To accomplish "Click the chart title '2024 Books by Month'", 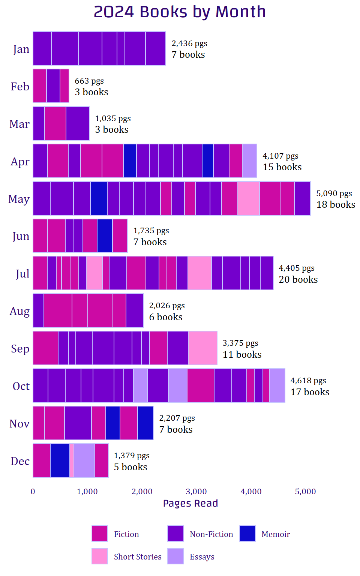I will tap(180, 12).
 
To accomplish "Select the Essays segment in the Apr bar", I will tap(249, 161).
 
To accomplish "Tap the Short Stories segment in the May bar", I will tap(248, 198).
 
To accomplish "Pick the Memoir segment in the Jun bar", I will tap(105, 236).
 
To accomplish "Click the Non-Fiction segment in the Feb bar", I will tap(53, 86).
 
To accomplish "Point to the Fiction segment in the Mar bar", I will tap(55, 123).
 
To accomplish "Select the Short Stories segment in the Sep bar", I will tap(202, 348).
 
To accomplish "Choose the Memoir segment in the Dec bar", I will tap(60, 460).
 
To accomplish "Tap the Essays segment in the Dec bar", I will tap(84, 460).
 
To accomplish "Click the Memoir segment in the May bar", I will tap(99, 198).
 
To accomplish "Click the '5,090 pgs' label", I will tap(334, 193).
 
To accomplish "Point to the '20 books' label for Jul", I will tap(298, 279).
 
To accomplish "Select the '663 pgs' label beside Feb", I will tap(89, 81).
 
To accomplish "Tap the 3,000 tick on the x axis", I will tap(196, 492).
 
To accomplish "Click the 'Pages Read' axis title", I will tap(190, 503).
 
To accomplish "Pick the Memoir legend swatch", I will tap(247, 534).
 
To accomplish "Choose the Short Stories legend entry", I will tap(137, 557).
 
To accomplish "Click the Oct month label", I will tap(21, 386).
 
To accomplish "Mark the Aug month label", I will tap(19, 311).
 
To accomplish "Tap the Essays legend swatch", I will tap(175, 556).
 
